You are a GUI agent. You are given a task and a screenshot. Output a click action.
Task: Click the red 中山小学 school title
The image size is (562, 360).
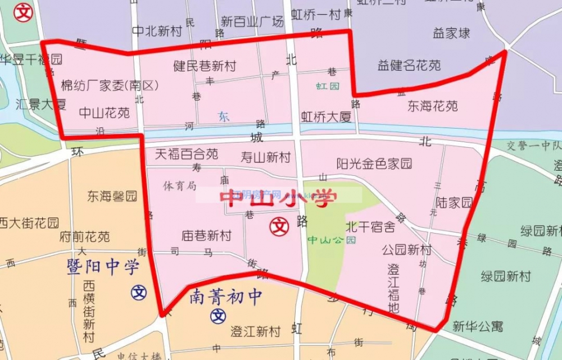(279, 199)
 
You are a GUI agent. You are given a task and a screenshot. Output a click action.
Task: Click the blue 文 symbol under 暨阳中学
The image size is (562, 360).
(139, 292)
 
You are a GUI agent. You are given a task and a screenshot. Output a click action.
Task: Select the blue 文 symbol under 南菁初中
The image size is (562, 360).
(218, 316)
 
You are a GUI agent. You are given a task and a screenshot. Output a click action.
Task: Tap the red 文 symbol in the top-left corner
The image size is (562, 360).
(24, 12)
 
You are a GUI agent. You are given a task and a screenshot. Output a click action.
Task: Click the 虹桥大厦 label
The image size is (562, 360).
(326, 117)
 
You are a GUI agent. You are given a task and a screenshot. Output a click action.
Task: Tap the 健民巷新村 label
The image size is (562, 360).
(204, 66)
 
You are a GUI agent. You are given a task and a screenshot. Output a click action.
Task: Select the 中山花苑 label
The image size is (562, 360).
(104, 112)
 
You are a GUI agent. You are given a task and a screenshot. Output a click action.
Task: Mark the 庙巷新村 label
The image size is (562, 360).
(206, 235)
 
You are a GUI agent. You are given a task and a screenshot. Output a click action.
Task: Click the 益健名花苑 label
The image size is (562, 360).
(409, 66)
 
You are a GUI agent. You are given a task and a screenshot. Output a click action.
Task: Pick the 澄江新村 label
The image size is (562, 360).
(256, 331)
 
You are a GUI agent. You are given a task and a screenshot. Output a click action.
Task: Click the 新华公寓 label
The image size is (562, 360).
(478, 326)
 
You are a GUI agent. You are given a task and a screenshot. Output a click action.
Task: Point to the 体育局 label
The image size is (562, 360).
(180, 185)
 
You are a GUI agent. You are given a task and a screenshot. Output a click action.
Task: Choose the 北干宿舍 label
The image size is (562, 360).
(370, 227)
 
